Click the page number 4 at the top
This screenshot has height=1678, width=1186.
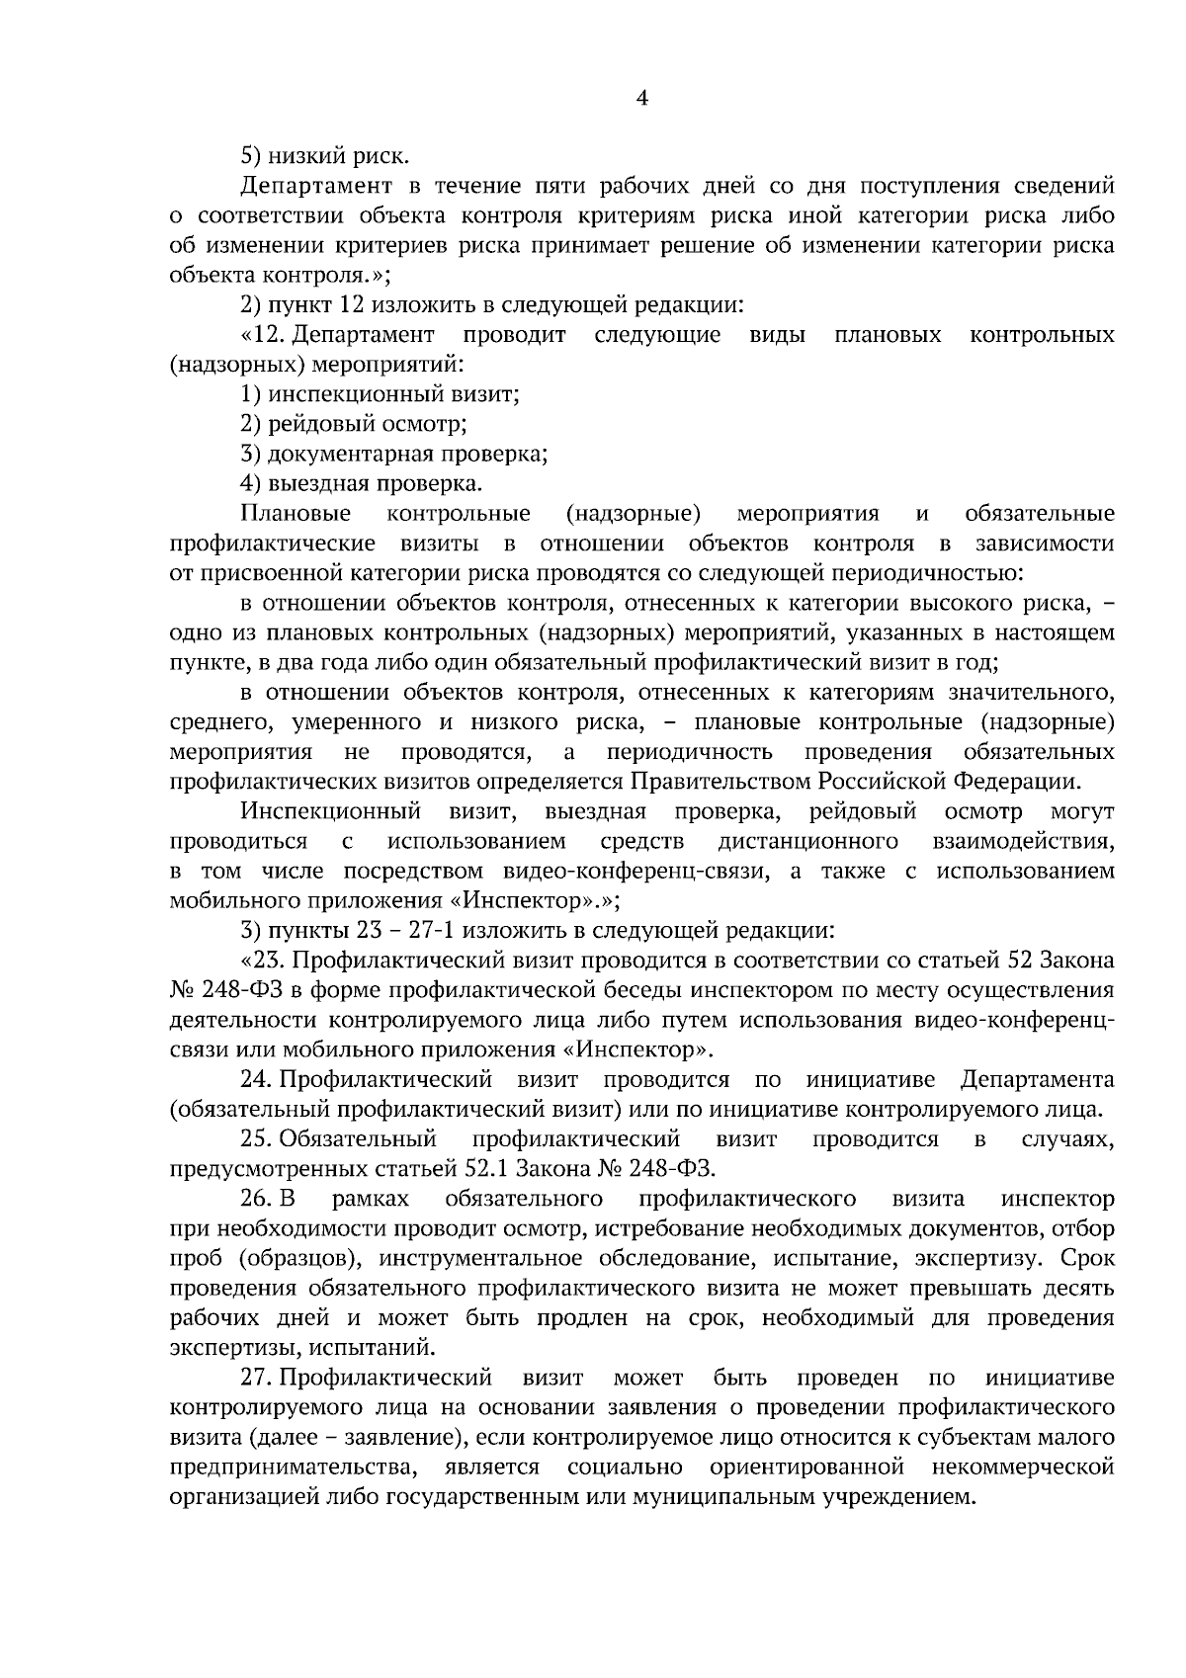[641, 97]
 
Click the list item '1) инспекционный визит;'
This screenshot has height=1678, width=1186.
[381, 394]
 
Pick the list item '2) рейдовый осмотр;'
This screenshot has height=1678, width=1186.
[354, 424]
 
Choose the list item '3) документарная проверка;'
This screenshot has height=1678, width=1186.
[394, 454]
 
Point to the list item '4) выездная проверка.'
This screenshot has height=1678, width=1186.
[362, 483]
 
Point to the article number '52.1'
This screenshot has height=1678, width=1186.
[484, 1169]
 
